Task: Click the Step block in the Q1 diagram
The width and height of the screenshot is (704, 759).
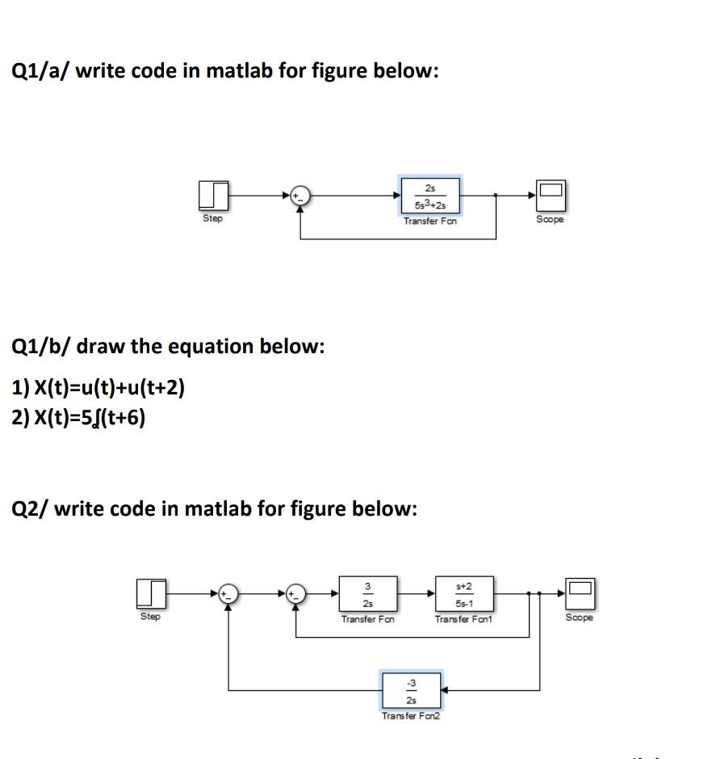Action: point(212,195)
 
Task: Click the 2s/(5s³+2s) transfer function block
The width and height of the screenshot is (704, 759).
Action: point(430,195)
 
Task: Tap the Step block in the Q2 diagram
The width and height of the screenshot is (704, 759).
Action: point(151,593)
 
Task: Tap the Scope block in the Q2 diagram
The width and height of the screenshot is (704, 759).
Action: point(579,593)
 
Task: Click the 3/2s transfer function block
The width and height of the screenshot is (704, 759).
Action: point(367,594)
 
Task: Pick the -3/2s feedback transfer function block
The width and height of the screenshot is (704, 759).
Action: point(411,690)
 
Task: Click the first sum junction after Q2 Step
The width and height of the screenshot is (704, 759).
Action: point(228,593)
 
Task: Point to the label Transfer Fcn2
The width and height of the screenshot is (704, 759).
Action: point(411,716)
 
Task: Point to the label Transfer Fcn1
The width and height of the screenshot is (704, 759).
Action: point(463,619)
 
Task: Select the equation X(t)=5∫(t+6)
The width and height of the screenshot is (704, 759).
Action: point(79,418)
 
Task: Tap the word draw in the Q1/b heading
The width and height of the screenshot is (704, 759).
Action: point(99,346)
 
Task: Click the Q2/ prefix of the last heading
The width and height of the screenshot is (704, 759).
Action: point(31,508)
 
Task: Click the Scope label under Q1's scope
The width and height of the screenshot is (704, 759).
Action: point(550,220)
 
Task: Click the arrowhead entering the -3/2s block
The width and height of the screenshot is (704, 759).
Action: point(445,690)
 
